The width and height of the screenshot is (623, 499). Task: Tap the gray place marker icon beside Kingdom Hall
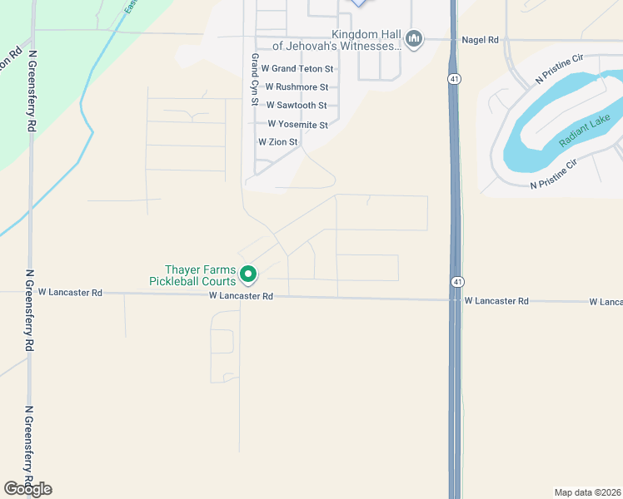(414, 38)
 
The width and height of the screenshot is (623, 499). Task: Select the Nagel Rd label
(481, 40)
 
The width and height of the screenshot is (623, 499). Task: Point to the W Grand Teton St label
(297, 68)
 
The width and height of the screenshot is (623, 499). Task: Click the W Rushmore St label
(297, 86)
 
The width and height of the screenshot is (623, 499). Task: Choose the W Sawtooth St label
(297, 106)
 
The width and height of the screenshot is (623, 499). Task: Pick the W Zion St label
(278, 142)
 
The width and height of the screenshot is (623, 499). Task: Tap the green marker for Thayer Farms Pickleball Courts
(247, 273)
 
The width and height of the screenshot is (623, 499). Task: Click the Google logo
(27, 488)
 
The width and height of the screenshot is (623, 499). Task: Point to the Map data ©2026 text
(587, 492)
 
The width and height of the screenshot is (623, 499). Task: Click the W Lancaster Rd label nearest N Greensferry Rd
(75, 293)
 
